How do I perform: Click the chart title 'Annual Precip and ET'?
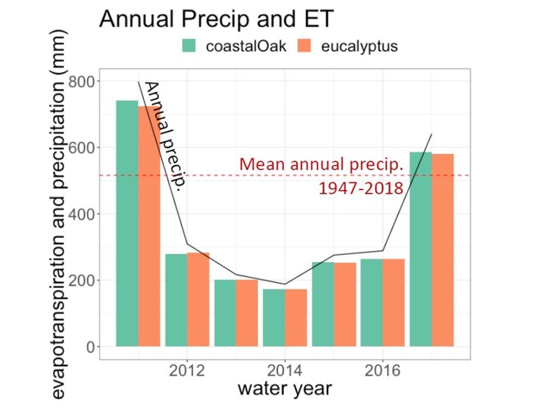point(217,19)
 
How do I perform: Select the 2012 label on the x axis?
point(187,370)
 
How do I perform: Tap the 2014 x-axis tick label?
point(285,370)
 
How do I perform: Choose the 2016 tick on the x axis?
point(383,370)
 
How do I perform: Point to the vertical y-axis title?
point(62,214)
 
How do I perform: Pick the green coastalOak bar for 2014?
point(274,317)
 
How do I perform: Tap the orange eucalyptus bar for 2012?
point(198,299)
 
